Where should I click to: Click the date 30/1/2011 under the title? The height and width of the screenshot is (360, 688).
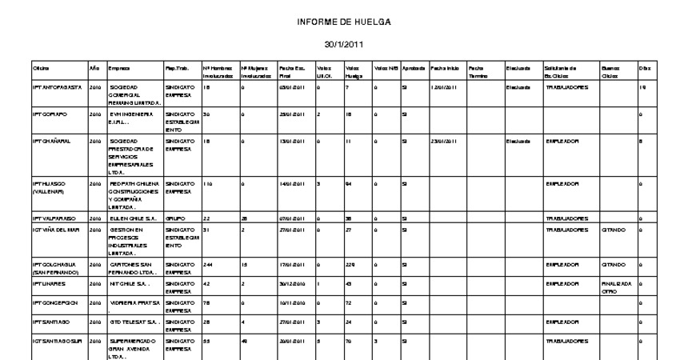click(343, 47)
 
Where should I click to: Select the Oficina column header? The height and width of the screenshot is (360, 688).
click(41, 68)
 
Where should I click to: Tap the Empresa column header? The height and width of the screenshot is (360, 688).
click(122, 68)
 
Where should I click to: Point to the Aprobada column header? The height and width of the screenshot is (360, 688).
click(414, 68)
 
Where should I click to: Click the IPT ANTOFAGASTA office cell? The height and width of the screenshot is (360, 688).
click(56, 86)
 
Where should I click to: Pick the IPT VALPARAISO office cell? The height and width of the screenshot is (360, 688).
click(54, 217)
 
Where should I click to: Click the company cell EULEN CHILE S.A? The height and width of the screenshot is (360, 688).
click(132, 217)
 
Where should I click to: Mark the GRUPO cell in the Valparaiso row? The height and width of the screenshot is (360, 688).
click(174, 217)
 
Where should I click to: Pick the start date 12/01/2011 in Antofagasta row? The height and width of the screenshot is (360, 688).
click(443, 86)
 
